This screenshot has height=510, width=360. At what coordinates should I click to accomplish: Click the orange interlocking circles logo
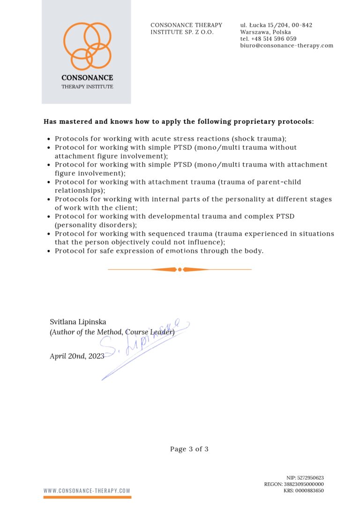[87, 46]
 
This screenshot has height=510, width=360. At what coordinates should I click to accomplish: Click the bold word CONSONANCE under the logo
[87, 78]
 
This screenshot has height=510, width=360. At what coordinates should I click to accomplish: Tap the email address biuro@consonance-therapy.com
[287, 46]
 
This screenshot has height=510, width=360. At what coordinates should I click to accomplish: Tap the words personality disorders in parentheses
[94, 225]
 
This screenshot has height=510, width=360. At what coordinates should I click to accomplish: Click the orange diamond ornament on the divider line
[180, 269]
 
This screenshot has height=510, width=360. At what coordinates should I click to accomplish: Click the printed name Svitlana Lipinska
[78, 322]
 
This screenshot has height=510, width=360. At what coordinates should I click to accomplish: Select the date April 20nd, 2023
[77, 356]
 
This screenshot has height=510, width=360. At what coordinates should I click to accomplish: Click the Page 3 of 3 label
[189, 449]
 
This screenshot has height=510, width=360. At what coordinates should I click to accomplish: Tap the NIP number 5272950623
[310, 478]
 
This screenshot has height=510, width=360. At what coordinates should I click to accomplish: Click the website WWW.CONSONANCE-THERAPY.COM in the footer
[87, 491]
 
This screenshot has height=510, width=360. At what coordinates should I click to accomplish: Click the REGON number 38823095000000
[304, 484]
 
